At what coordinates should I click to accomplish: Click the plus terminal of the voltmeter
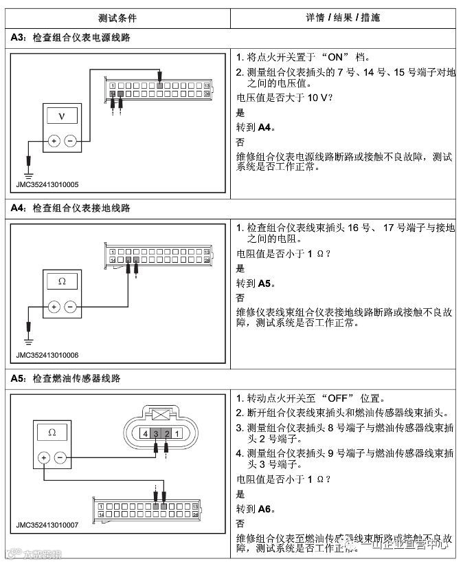pos(53,142)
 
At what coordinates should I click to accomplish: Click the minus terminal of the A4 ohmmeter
pos(70,307)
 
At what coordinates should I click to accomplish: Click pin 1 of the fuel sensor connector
pos(177,434)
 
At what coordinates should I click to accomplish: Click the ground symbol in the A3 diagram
pos(28,165)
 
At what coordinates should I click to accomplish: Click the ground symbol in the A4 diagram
pos(28,334)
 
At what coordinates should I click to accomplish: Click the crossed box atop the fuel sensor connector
pos(160,415)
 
